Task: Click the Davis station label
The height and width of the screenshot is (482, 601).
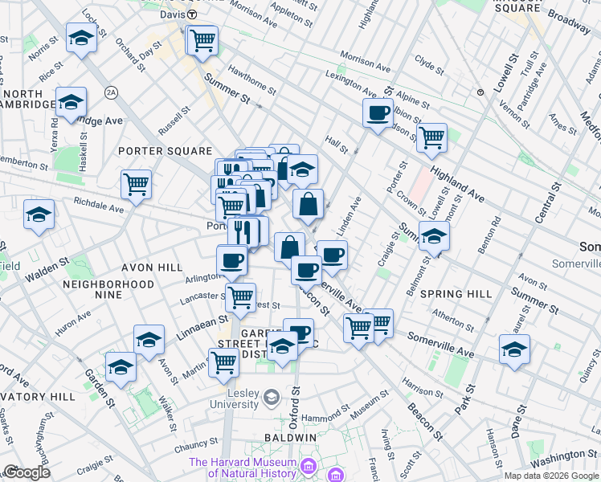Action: tap(171, 14)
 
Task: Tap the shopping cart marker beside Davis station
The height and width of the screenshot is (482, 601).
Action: tap(202, 39)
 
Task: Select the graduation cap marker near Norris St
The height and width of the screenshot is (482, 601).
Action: tap(81, 38)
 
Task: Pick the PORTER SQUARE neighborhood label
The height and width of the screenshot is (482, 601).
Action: tap(165, 151)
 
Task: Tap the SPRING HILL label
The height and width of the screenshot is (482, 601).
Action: tap(455, 294)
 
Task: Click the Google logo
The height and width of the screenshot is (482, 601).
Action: tap(27, 472)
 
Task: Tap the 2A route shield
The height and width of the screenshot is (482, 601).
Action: tap(111, 93)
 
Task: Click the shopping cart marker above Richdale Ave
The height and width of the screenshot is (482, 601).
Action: tap(136, 184)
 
